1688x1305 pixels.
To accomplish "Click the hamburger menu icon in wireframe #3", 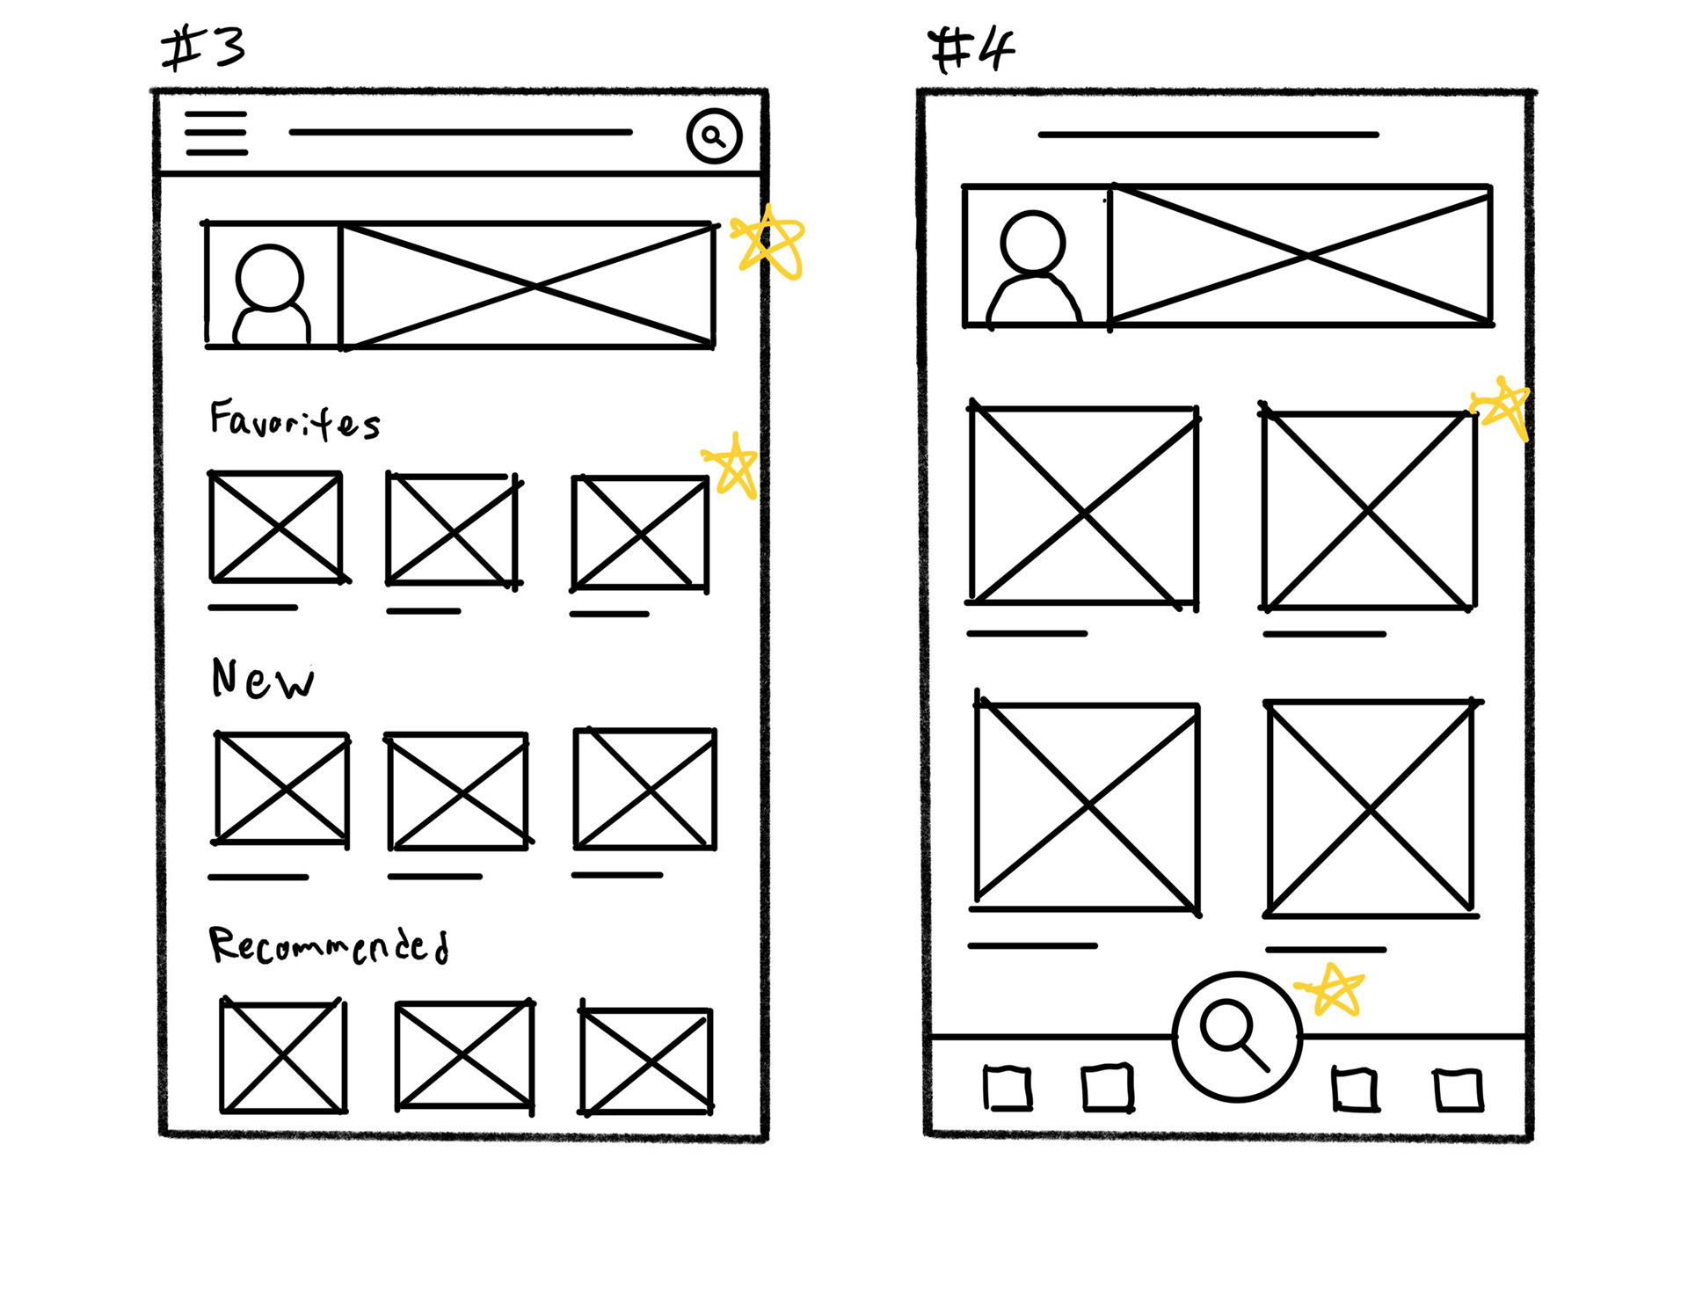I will click(x=216, y=134).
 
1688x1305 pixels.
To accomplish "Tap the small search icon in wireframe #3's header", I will click(x=714, y=136).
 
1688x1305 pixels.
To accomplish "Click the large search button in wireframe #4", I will click(x=1237, y=1037).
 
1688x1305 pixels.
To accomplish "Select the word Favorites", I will click(x=295, y=420).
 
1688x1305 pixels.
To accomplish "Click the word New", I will click(x=262, y=679).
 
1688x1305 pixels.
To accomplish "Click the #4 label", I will click(x=971, y=49).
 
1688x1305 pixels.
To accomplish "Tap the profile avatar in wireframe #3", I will click(x=272, y=292).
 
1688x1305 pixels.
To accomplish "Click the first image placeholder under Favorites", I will click(x=276, y=527).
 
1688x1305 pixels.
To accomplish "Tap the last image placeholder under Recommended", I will click(x=646, y=1061).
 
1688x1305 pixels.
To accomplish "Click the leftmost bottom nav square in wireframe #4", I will click(x=1007, y=1089).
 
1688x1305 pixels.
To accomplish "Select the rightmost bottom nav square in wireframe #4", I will click(x=1459, y=1090).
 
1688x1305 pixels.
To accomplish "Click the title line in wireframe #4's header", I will click(x=1208, y=135).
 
